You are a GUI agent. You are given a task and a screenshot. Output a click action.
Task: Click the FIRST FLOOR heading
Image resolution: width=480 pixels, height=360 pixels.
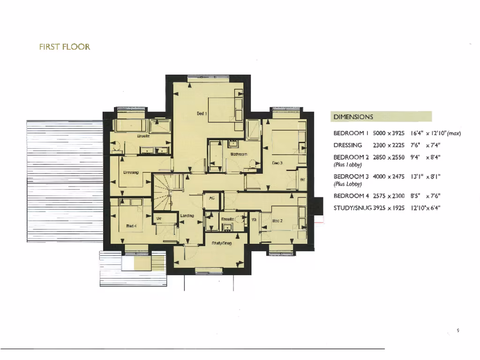click(x=64, y=47)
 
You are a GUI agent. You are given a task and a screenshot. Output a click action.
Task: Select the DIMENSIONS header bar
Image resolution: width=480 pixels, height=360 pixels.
click(x=381, y=117)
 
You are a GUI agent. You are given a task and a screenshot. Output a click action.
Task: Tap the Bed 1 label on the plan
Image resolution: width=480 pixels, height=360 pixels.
click(x=202, y=113)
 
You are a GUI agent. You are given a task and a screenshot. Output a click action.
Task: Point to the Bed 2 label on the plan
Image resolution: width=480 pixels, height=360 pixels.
click(x=277, y=220)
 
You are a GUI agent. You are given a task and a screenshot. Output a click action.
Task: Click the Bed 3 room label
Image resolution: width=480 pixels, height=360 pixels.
click(x=277, y=163)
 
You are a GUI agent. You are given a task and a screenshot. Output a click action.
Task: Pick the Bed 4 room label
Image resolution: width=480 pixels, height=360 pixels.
click(x=131, y=226)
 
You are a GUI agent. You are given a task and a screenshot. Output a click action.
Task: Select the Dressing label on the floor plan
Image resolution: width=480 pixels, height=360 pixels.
click(x=131, y=172)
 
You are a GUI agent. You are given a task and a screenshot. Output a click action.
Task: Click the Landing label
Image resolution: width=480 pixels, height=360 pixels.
click(x=187, y=216)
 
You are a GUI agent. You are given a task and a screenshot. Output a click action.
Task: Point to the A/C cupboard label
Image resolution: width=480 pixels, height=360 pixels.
click(x=211, y=198)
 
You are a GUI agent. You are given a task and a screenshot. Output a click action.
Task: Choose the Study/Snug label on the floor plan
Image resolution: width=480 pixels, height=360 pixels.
click(x=222, y=243)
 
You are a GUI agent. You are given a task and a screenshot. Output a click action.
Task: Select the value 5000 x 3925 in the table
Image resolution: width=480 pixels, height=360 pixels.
click(x=389, y=133)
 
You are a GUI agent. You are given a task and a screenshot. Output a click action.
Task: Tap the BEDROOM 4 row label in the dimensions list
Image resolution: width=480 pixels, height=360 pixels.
click(x=351, y=196)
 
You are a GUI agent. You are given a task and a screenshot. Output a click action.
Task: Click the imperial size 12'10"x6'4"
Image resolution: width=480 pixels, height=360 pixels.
click(x=425, y=208)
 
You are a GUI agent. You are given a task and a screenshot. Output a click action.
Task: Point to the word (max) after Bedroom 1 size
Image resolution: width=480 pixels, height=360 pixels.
click(x=454, y=133)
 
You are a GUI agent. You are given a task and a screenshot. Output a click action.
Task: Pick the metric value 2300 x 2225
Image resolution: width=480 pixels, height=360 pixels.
click(x=389, y=145)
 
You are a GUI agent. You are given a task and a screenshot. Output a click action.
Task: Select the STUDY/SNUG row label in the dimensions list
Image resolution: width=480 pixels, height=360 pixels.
click(x=352, y=208)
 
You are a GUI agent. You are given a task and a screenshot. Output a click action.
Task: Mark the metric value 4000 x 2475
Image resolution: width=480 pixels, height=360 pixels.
click(x=389, y=177)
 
